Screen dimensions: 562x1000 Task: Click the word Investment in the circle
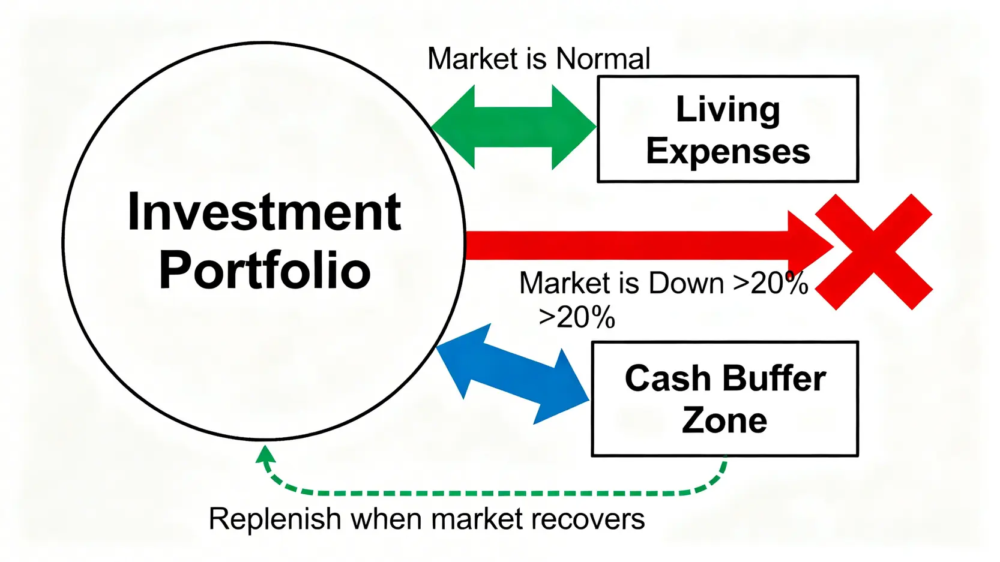264,212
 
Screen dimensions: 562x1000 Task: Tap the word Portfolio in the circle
264,271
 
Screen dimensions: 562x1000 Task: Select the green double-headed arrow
514,127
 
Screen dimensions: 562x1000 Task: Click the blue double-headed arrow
512,374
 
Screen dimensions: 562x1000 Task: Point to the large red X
874,251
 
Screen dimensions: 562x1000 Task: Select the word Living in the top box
727,110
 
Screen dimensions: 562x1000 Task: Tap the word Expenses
727,151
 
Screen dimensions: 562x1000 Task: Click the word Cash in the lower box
667,379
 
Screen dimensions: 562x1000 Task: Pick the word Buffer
774,379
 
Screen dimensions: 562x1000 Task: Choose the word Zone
724,420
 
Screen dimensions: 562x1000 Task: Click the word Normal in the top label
603,59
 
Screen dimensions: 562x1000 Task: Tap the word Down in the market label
686,283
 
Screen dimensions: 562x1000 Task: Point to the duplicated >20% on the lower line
577,317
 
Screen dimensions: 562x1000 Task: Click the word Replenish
275,519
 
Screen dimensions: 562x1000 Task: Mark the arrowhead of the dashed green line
265,454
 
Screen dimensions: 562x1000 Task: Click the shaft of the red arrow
624,245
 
